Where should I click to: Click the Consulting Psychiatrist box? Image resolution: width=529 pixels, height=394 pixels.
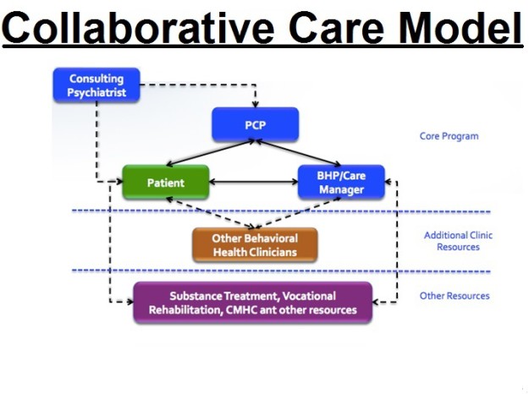pos(96,85)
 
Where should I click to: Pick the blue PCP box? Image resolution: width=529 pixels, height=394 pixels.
pos(255,124)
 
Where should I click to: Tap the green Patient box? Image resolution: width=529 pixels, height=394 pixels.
pos(165,183)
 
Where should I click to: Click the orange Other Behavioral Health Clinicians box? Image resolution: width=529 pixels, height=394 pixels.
pos(255,245)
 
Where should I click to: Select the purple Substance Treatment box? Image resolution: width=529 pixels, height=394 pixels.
pos(253,303)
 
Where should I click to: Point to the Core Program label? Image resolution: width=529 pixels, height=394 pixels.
pos(449,135)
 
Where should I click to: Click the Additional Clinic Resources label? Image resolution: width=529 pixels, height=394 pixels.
pos(458,241)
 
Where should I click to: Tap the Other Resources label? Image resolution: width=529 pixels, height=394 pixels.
pos(455,296)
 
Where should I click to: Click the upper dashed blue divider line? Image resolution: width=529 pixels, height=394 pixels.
pos(279,211)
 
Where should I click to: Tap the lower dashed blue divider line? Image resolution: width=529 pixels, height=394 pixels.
pos(279,271)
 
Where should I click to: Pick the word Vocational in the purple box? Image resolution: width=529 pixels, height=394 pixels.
pos(307,296)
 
